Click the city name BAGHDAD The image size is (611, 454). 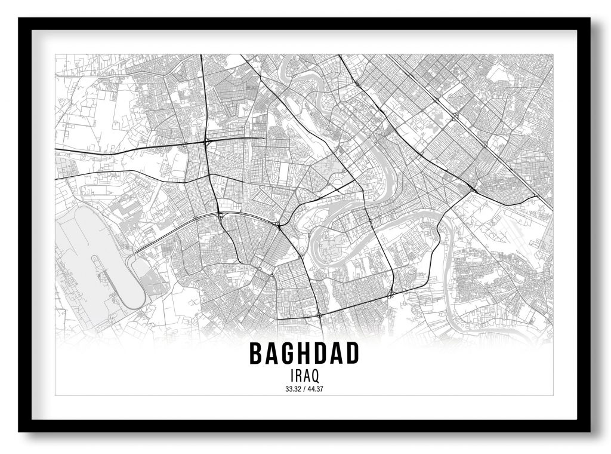coord(304,354)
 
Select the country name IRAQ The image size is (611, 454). coord(304,376)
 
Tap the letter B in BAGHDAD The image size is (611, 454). coord(256,354)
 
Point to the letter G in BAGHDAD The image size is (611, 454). coord(289,354)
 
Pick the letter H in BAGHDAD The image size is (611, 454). coord(305,354)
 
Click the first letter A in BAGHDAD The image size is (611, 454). coord(273,354)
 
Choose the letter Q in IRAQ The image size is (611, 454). coord(314,376)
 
